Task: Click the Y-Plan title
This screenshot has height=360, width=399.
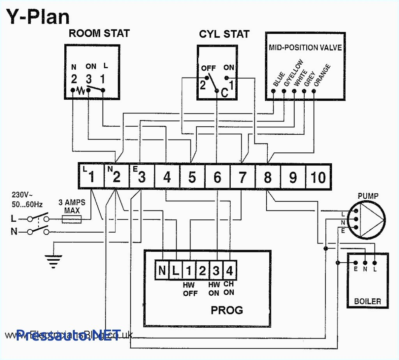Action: click(38, 16)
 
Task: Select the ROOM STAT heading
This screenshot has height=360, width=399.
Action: click(99, 34)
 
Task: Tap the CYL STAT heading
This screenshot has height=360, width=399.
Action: click(224, 34)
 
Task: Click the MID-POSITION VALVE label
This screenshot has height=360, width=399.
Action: click(305, 48)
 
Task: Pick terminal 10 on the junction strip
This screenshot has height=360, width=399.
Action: click(318, 177)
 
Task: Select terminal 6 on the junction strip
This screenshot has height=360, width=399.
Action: click(217, 177)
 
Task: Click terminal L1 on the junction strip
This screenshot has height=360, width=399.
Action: click(91, 177)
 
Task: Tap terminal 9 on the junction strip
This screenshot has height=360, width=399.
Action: click(293, 177)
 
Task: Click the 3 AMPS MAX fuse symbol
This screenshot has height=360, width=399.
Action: click(72, 220)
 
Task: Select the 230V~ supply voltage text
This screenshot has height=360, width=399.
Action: click(22, 194)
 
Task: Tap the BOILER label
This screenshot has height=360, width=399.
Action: click(367, 301)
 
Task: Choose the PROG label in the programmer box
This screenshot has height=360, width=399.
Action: click(227, 310)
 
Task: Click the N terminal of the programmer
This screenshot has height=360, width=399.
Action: click(162, 270)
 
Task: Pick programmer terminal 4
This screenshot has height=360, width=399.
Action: click(229, 270)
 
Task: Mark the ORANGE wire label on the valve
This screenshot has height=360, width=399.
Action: click(322, 75)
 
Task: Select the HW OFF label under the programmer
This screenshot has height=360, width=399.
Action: click(190, 289)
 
